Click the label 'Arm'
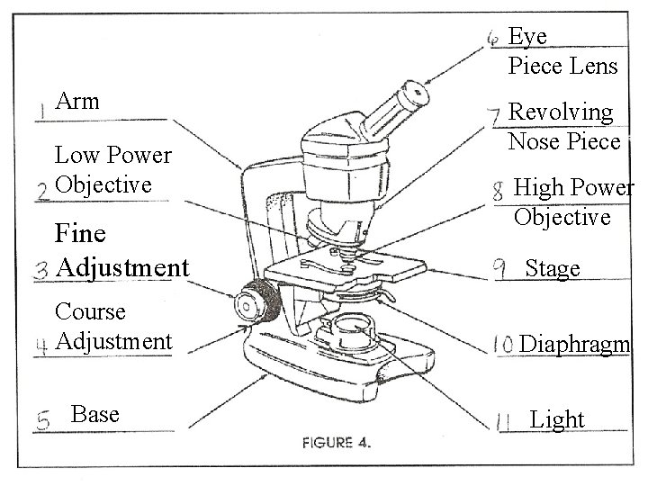pos(77,101)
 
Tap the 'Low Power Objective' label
pos(112,169)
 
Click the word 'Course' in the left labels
pos(90,311)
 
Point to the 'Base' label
pos(94,414)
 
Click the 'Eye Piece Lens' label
pos(562,50)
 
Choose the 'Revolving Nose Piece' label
pos(564,127)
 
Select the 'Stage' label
pos(553,268)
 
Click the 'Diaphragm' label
pos(575,344)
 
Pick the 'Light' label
pos(557,419)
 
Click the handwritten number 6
pos(493,37)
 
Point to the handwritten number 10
pos(503,345)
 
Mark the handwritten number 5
pos(43,418)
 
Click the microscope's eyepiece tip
pos(415,93)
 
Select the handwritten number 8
pos(498,191)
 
